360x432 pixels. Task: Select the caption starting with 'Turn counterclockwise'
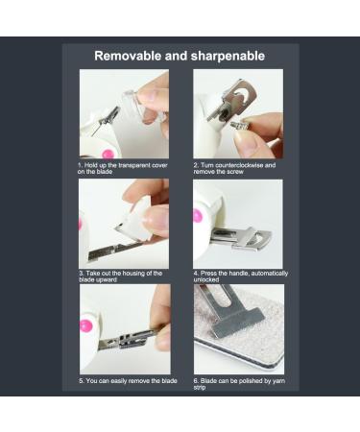(x=234, y=168)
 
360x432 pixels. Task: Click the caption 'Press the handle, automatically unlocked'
(x=238, y=276)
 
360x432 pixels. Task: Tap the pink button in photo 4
(x=198, y=216)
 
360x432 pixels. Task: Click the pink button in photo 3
(x=81, y=224)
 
